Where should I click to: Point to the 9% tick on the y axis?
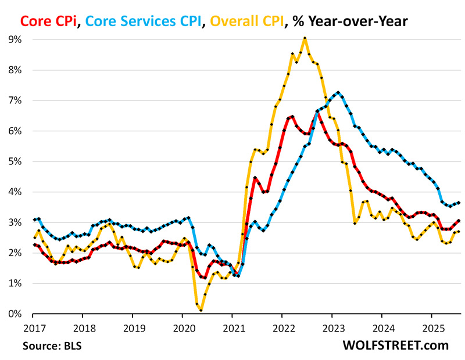(x=14, y=39)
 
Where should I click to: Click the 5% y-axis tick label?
(x=14, y=161)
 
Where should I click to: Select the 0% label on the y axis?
(x=14, y=314)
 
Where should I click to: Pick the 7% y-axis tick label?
(x=14, y=100)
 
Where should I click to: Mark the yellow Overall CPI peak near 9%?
(x=305, y=38)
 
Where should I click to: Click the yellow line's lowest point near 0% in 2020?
(x=201, y=311)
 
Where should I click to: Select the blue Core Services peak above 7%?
(x=338, y=92)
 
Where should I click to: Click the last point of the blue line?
(x=460, y=203)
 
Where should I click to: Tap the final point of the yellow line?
(x=460, y=232)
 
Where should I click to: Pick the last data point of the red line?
(x=460, y=221)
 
